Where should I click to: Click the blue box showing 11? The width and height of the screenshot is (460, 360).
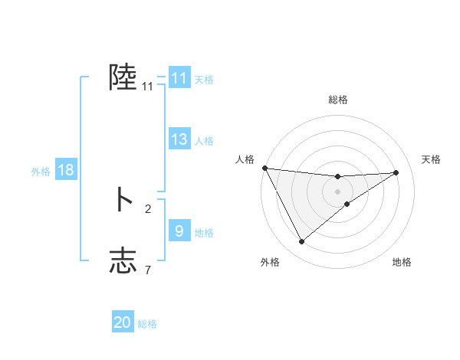(x=179, y=78)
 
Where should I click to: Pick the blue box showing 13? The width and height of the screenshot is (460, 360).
(x=179, y=139)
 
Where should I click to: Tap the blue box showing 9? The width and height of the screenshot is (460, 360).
(x=179, y=231)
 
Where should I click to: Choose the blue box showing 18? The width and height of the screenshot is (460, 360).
(x=65, y=170)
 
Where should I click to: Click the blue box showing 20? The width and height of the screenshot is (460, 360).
(x=123, y=322)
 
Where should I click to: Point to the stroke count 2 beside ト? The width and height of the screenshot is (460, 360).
(x=148, y=208)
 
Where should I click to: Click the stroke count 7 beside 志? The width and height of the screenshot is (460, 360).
(x=148, y=269)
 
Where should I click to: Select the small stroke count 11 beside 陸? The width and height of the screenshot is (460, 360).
(x=148, y=87)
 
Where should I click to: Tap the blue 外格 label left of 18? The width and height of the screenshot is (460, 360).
(x=41, y=171)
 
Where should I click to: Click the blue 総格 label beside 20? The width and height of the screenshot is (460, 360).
(x=147, y=324)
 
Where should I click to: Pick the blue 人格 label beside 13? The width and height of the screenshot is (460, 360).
(x=204, y=141)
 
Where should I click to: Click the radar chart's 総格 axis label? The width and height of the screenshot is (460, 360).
(x=338, y=100)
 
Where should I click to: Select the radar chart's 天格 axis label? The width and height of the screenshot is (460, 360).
(x=432, y=159)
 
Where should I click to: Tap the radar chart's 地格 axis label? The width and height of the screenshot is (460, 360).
(x=402, y=262)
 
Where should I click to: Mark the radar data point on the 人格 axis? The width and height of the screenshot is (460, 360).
(x=264, y=168)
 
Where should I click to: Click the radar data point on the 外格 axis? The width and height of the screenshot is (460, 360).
(x=301, y=242)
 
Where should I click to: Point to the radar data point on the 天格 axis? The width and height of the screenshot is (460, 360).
(x=396, y=172)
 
